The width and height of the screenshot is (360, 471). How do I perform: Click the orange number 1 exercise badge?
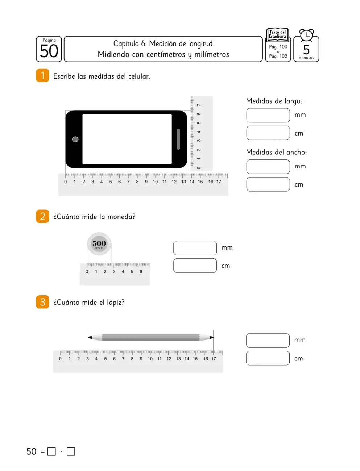(x=42, y=75)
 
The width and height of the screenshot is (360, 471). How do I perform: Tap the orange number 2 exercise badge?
(x=42, y=216)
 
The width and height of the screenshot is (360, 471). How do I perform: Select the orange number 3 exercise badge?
(x=42, y=302)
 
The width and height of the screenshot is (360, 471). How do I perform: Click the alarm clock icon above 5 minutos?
(x=306, y=36)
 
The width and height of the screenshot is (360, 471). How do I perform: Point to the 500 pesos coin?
(x=99, y=244)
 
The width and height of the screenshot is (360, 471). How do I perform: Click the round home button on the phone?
(x=75, y=139)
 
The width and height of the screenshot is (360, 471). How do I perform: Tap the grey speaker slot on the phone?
(x=178, y=139)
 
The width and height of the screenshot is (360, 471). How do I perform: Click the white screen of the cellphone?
(x=127, y=139)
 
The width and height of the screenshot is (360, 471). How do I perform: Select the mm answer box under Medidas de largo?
(x=268, y=115)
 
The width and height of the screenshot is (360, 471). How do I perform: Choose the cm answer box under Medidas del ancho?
(x=268, y=184)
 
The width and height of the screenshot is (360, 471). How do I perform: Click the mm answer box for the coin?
(x=195, y=248)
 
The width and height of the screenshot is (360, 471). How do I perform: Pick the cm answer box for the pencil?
(x=268, y=358)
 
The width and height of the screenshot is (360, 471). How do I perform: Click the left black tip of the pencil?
(x=90, y=337)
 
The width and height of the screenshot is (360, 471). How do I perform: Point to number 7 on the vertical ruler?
(x=199, y=105)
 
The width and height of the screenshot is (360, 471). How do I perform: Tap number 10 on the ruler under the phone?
(x=155, y=182)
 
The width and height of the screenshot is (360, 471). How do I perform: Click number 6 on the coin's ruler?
(x=141, y=271)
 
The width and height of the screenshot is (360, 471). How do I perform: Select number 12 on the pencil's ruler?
(x=169, y=359)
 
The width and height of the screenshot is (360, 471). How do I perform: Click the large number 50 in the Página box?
(x=49, y=51)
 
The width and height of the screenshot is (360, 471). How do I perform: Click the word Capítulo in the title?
(x=126, y=44)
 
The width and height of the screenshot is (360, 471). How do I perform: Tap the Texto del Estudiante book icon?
(x=278, y=34)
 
